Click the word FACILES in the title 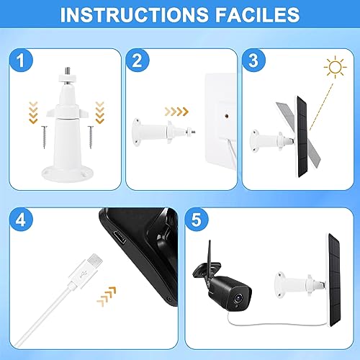(x=257, y=15)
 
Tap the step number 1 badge (x=21, y=60)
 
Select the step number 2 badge (x=138, y=60)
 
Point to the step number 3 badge (x=253, y=60)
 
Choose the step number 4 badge (x=21, y=220)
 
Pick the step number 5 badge (x=197, y=220)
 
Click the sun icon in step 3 (x=336, y=67)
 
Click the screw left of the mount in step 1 (x=45, y=137)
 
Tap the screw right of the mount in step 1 (x=91, y=137)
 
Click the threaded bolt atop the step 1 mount (x=68, y=71)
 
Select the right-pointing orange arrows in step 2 (x=176, y=112)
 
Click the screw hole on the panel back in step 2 (x=227, y=116)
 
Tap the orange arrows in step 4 (x=107, y=297)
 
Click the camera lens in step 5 (x=238, y=298)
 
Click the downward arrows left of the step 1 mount (x=33, y=112)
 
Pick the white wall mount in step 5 (x=300, y=284)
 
